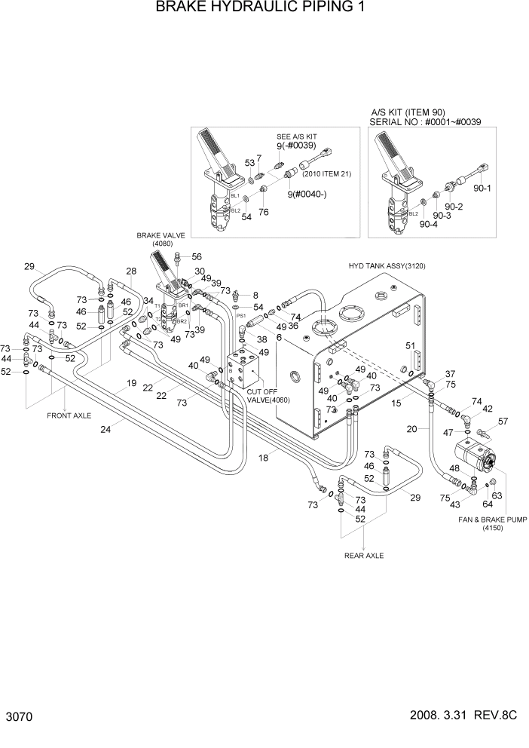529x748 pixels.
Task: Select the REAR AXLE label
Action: (364, 556)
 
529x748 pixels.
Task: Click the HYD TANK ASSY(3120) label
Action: (388, 266)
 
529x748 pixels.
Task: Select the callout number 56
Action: (197, 257)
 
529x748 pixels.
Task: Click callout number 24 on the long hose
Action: (105, 430)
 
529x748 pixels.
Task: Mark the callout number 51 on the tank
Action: (410, 346)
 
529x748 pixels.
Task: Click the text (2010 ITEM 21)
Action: (328, 175)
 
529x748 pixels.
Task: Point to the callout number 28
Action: (131, 271)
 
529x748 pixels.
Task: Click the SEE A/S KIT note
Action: (298, 137)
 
